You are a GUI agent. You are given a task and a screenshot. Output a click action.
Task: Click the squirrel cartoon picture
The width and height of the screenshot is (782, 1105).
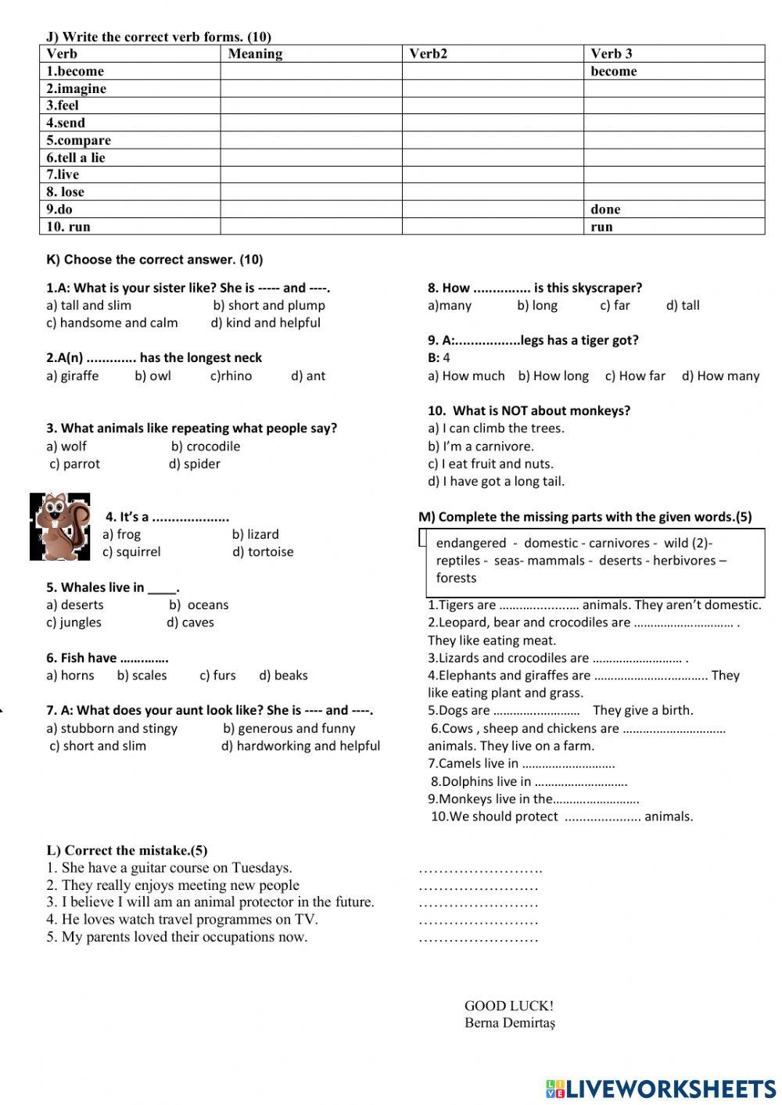tap(60, 526)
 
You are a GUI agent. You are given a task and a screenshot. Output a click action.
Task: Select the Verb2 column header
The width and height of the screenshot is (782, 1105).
tap(428, 54)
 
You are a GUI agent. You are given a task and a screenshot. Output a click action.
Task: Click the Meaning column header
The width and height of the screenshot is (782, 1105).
tap(255, 54)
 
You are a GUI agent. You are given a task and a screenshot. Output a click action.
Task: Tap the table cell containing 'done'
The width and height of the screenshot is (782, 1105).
tap(605, 210)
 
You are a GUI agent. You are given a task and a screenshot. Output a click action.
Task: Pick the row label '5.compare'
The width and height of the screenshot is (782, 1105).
tap(78, 141)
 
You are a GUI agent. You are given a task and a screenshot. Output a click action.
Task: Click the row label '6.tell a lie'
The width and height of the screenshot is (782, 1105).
tap(75, 158)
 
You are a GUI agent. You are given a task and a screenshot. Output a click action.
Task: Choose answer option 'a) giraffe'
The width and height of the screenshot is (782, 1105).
tap(73, 376)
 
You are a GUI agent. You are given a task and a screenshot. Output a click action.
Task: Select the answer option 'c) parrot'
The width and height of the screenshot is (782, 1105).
tap(75, 464)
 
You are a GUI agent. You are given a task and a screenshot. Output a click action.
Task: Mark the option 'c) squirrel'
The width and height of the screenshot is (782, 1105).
tap(131, 552)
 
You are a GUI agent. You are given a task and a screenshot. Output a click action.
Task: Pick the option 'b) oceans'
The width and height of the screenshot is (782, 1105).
tap(199, 605)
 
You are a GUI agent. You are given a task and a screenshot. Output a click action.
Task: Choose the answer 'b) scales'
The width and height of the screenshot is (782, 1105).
tap(142, 676)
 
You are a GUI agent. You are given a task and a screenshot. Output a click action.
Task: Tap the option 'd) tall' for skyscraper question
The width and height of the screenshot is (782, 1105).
tap(683, 306)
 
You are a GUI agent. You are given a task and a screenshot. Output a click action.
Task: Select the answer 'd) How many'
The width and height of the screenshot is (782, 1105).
tap(720, 376)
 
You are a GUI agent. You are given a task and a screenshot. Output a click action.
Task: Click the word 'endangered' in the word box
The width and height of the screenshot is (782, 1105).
tap(471, 544)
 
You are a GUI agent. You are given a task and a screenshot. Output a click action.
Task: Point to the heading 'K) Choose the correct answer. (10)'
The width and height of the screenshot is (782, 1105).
tap(155, 260)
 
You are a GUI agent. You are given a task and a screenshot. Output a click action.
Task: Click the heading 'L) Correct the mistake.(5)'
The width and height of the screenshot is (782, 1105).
tap(127, 851)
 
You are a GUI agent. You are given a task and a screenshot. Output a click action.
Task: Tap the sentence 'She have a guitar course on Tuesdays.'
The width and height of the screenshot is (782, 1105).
tap(169, 868)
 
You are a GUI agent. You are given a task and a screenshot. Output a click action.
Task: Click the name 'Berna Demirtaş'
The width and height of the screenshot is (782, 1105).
tap(510, 1023)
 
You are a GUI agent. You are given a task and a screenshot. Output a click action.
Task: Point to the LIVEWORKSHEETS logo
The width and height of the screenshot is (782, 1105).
tap(660, 1089)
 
